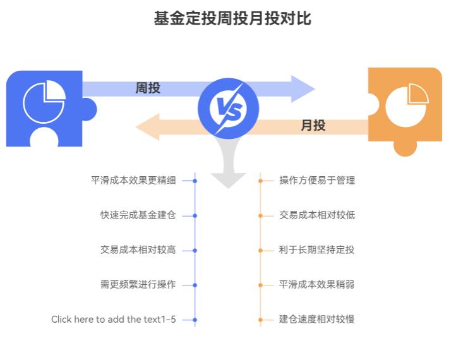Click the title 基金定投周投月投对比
tap(232, 18)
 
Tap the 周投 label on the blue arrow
tap(148, 88)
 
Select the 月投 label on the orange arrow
tap(313, 126)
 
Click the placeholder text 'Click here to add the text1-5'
tap(114, 320)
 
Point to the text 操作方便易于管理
tap(317, 181)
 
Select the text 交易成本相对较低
tap(317, 215)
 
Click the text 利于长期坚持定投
tap(317, 250)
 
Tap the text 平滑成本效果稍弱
tap(317, 285)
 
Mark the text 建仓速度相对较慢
tap(317, 320)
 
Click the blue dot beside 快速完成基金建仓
tap(195, 215)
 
